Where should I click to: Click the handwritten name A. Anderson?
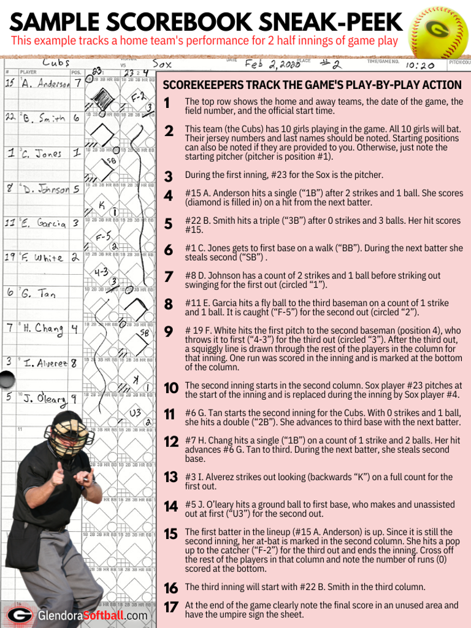coord(45,83)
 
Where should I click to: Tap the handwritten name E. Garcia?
coord(43,224)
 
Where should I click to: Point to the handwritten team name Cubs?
coord(56,63)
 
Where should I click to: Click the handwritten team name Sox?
coord(162,63)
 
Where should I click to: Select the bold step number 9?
coord(169,332)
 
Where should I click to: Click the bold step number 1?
coord(168,103)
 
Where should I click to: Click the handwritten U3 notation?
coord(135,413)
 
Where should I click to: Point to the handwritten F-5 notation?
coord(102,235)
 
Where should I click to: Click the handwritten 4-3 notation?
coord(102,271)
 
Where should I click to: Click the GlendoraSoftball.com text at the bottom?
coord(92,615)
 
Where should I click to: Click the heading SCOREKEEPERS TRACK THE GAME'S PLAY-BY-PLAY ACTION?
coord(312,85)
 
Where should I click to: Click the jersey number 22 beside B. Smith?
coord(10,116)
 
